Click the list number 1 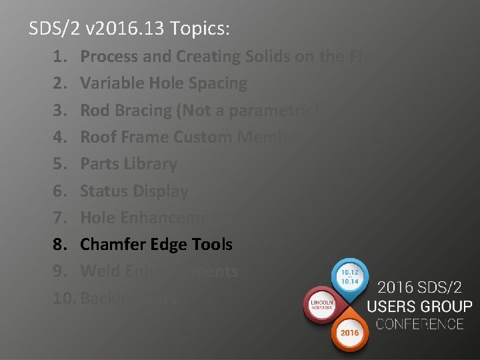coord(59,57)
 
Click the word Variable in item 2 coord(108,84)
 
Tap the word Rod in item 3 coord(93,111)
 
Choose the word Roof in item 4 coord(97,137)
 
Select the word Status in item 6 coord(102,191)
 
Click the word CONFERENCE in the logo coord(419,325)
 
